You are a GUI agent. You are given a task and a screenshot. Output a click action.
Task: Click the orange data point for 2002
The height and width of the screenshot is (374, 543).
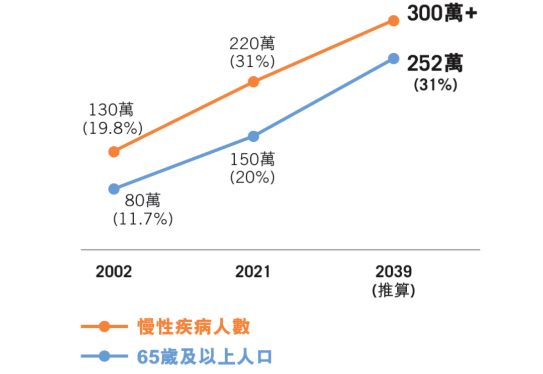click(114, 151)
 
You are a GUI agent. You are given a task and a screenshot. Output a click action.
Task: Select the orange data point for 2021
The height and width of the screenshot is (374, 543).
click(253, 82)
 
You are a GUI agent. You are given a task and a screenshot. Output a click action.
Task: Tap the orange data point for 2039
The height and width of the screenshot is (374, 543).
click(394, 21)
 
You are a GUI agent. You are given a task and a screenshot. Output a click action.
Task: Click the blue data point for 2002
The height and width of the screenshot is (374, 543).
click(114, 189)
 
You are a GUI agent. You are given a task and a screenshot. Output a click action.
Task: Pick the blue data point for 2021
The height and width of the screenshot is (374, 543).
click(253, 136)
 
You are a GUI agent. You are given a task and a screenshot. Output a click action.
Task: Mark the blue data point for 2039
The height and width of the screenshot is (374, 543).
click(394, 58)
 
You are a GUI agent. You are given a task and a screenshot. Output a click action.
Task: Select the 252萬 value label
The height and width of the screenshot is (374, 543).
click(435, 64)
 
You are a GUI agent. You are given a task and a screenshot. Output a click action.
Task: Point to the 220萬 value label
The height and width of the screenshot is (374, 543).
click(252, 43)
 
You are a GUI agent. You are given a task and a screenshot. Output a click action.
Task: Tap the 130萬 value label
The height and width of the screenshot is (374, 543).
click(112, 110)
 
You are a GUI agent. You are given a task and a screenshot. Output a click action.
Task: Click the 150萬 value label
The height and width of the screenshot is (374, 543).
click(252, 159)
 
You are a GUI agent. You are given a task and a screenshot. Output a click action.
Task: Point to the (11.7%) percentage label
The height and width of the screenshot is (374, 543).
click(143, 219)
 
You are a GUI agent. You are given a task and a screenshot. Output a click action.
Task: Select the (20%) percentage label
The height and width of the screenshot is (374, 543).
click(252, 177)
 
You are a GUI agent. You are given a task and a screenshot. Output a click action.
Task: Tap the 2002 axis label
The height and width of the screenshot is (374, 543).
click(114, 272)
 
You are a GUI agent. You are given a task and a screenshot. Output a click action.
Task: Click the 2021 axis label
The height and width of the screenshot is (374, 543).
click(253, 272)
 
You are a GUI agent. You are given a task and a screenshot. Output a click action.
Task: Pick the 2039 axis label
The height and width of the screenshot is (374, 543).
click(393, 272)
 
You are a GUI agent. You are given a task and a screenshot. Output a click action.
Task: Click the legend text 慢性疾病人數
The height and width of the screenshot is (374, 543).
click(194, 327)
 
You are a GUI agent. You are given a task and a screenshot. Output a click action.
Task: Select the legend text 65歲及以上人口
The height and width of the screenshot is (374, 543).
click(204, 357)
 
